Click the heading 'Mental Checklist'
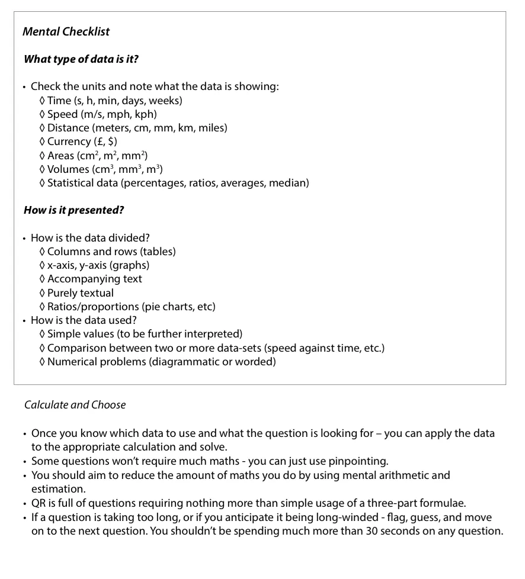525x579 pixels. tap(66, 32)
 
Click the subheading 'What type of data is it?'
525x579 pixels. tap(81, 59)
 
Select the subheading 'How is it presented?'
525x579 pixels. tap(73, 210)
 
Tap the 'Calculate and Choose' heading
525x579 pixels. tap(75, 405)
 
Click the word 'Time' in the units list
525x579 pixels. tap(59, 101)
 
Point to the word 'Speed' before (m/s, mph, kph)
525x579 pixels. tap(62, 114)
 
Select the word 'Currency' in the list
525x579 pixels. tap(69, 141)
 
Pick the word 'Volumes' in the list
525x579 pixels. tap(68, 169)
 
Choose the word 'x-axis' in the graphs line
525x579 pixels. tap(62, 265)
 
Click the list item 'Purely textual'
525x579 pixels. tap(80, 293)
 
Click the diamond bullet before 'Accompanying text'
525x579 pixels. tap(42, 279)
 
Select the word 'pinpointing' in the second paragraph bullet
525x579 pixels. tap(360, 461)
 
